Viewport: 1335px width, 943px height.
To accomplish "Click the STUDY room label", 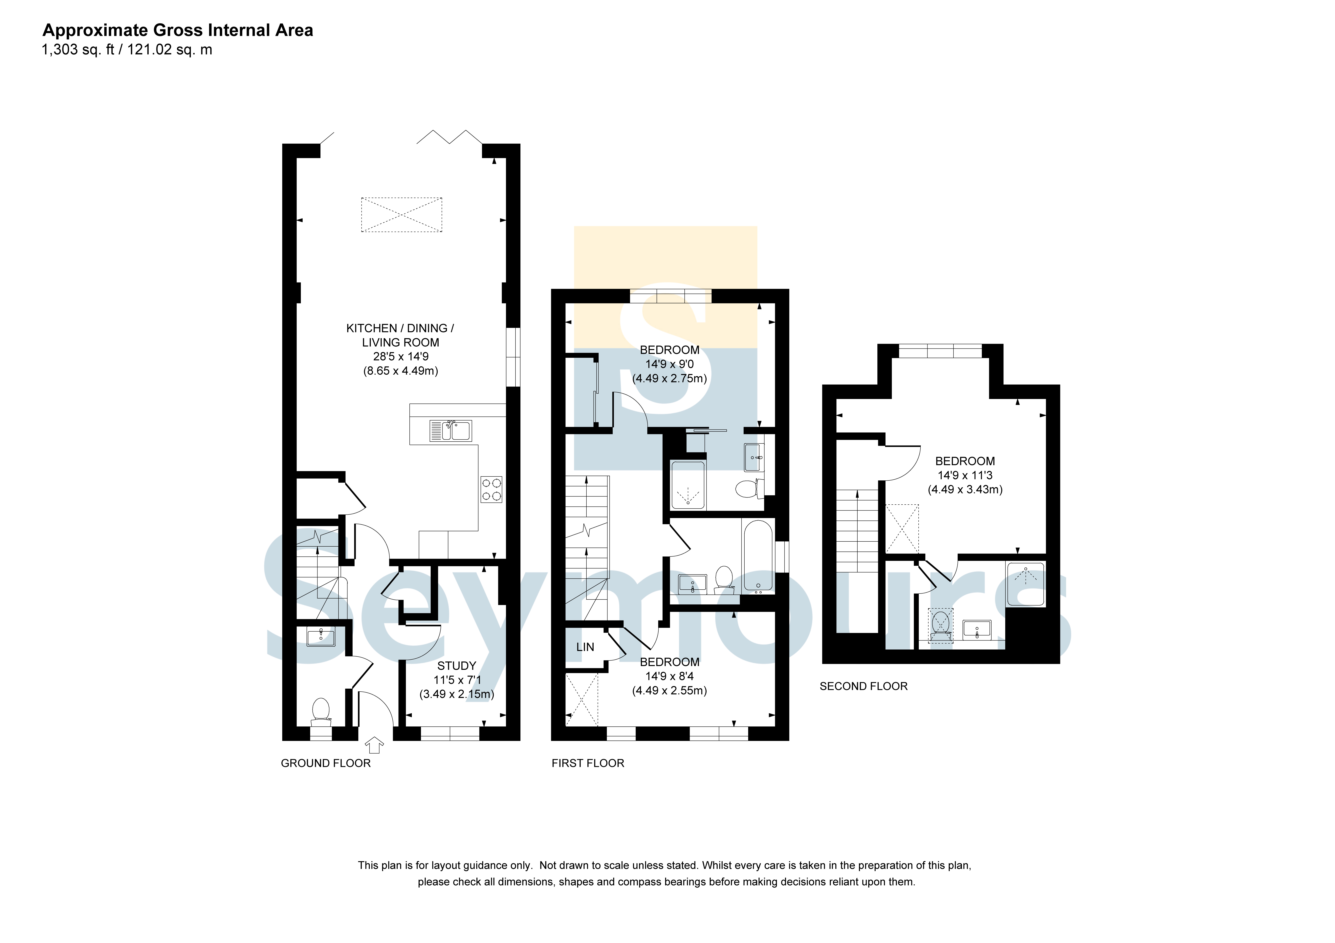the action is (456, 666).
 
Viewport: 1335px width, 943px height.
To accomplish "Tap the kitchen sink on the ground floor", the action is (451, 431).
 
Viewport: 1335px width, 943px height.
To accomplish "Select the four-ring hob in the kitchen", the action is (491, 490).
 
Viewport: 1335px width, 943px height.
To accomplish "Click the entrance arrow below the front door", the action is (374, 745).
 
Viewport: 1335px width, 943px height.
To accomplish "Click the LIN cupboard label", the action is (585, 647).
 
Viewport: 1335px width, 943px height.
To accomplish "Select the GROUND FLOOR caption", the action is (326, 763).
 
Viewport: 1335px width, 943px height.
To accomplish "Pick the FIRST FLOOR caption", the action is (588, 763).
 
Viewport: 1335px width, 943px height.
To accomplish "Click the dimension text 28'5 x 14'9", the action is (401, 356).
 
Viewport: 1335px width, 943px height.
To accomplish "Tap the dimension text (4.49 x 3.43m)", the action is (965, 490).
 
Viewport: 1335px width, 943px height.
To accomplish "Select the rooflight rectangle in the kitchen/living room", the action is (402, 215).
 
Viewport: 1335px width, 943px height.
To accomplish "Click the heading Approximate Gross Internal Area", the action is (178, 30).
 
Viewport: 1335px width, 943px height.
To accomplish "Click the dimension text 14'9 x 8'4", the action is (669, 676).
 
